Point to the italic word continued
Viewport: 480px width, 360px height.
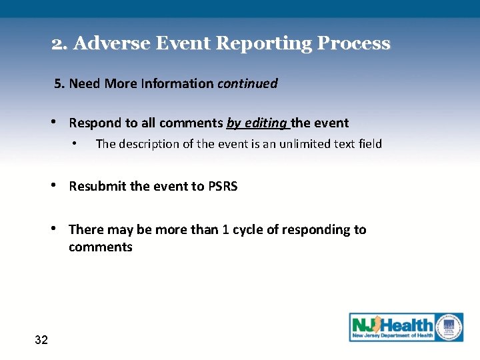click(247, 84)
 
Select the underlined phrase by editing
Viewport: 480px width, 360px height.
click(257, 123)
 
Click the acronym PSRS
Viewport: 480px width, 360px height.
click(223, 187)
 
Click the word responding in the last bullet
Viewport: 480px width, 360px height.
click(317, 230)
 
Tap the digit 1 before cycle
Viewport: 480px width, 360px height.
click(226, 230)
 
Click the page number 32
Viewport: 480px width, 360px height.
click(41, 341)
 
